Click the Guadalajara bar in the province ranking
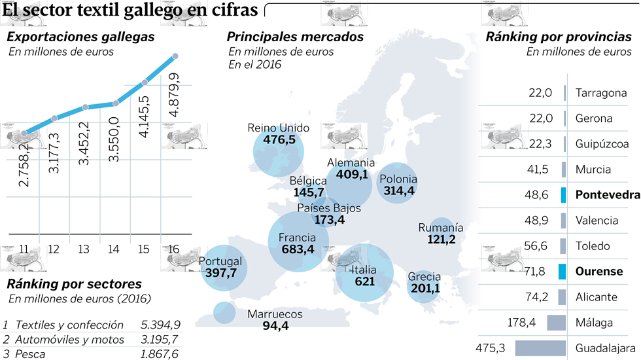pyautogui.click(x=540, y=348)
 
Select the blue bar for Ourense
pyautogui.click(x=563, y=271)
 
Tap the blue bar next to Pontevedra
pyautogui.click(x=563, y=194)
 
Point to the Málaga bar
pyautogui.click(x=556, y=322)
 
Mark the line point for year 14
pyautogui.click(x=115, y=103)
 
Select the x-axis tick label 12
pyautogui.click(x=54, y=249)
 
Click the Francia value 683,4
pyautogui.click(x=298, y=249)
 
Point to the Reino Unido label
pyautogui.click(x=278, y=128)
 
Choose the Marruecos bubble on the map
pyautogui.click(x=224, y=312)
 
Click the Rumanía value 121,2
pyautogui.click(x=441, y=240)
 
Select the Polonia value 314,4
pyautogui.click(x=398, y=190)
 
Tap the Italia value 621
pyautogui.click(x=364, y=281)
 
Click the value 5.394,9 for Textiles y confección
pyautogui.click(x=160, y=325)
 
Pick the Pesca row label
pyautogui.click(x=29, y=354)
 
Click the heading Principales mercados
pyautogui.click(x=295, y=37)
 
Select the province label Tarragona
pyautogui.click(x=601, y=93)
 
